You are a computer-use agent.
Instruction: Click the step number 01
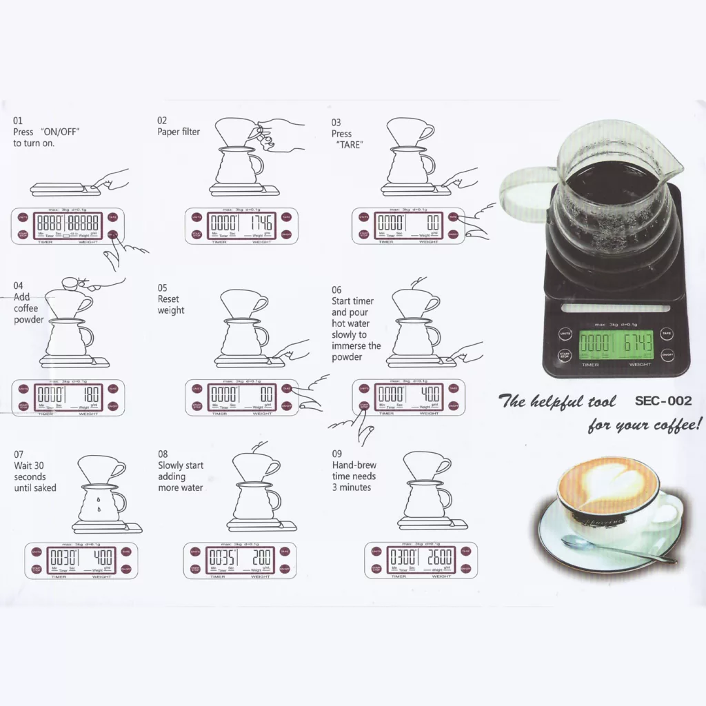point(18,121)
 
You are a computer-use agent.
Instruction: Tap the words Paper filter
point(179,132)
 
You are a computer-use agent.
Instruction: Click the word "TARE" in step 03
point(350,145)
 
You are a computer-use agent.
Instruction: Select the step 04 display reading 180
point(90,396)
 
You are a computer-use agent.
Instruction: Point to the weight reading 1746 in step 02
point(261,223)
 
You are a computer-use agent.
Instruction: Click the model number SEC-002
point(663,401)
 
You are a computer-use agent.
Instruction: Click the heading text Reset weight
point(170,305)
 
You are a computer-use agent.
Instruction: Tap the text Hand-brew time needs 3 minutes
point(354,476)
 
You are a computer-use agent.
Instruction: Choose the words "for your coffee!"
point(645,424)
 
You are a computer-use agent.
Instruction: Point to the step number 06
point(336,290)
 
